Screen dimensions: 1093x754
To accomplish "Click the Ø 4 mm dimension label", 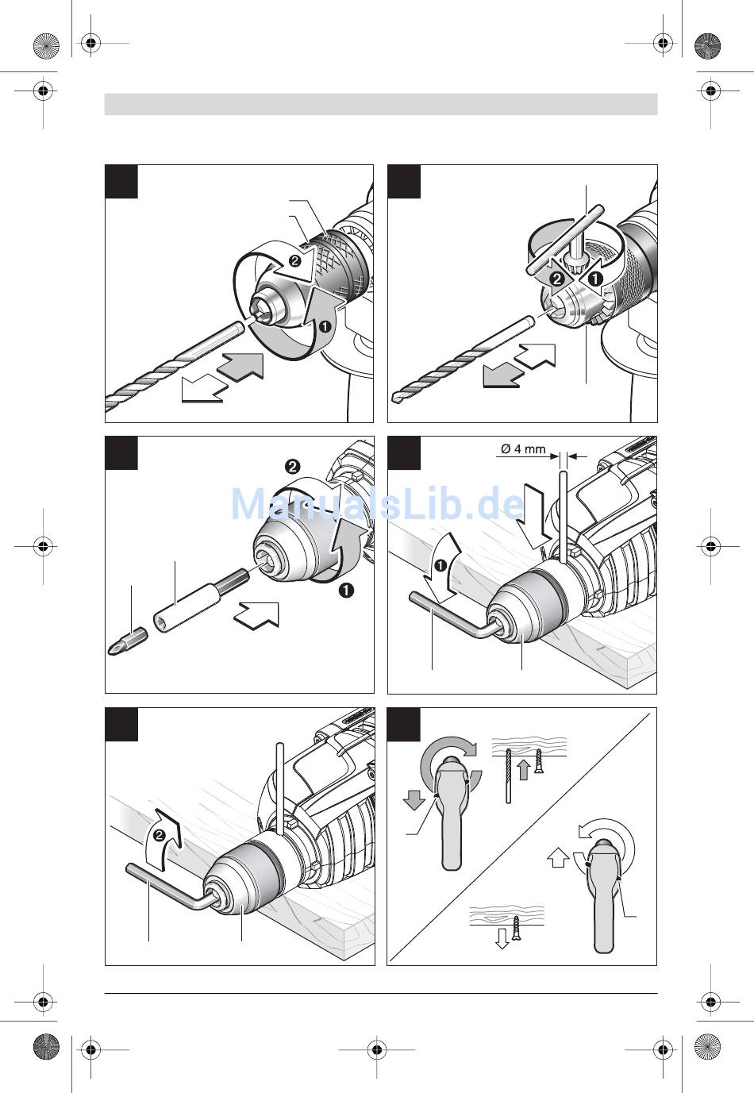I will (x=523, y=448).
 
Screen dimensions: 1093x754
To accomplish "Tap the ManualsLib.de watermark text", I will (x=378, y=503).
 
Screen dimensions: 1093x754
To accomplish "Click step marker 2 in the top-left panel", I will (x=294, y=260).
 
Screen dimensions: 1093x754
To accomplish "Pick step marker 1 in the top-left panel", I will (x=323, y=325).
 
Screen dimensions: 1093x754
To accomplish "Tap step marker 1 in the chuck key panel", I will (x=593, y=279).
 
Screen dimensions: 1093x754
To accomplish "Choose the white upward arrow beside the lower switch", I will (x=558, y=858).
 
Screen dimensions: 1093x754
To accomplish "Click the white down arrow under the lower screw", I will (x=502, y=939).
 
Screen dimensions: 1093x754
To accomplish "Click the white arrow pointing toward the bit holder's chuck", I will (x=258, y=614).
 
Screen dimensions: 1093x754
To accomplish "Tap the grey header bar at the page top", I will (x=381, y=104).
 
